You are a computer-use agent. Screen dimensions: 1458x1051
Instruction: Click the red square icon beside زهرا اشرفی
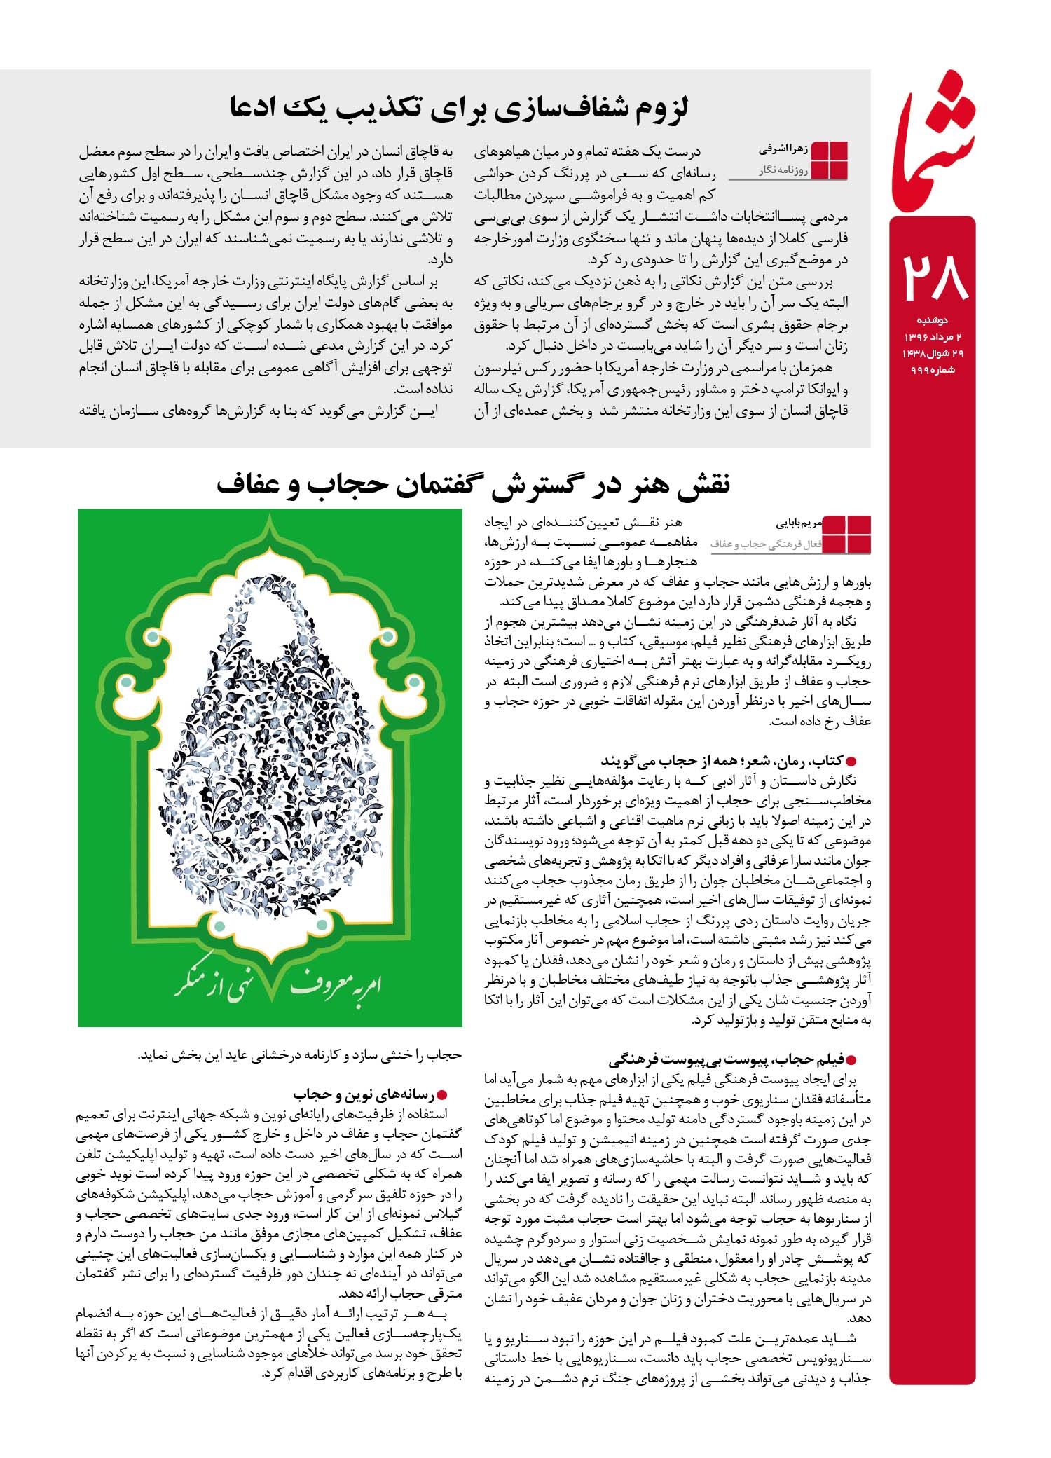point(829,160)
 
